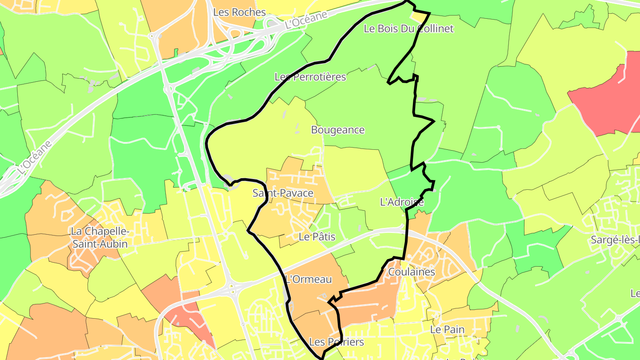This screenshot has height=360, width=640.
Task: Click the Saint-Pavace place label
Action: point(283,193)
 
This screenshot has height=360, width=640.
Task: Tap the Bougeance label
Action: point(338,130)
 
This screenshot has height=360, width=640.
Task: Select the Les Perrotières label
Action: point(310,77)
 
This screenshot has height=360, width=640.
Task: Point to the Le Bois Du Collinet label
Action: point(408,29)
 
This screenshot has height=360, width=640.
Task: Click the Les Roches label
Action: point(240,12)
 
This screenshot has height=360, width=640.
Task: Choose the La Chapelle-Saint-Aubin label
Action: point(100,238)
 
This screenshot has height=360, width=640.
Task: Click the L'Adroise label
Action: point(402,202)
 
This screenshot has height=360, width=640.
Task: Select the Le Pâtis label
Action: point(317,237)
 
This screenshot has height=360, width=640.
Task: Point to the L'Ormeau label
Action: point(308,280)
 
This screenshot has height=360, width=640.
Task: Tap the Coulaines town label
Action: point(412,272)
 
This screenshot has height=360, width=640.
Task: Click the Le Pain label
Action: point(447,330)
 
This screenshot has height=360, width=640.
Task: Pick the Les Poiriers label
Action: point(336,342)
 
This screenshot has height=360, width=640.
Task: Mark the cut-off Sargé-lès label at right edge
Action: point(615,240)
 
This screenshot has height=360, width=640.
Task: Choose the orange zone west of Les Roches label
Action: point(178,27)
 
